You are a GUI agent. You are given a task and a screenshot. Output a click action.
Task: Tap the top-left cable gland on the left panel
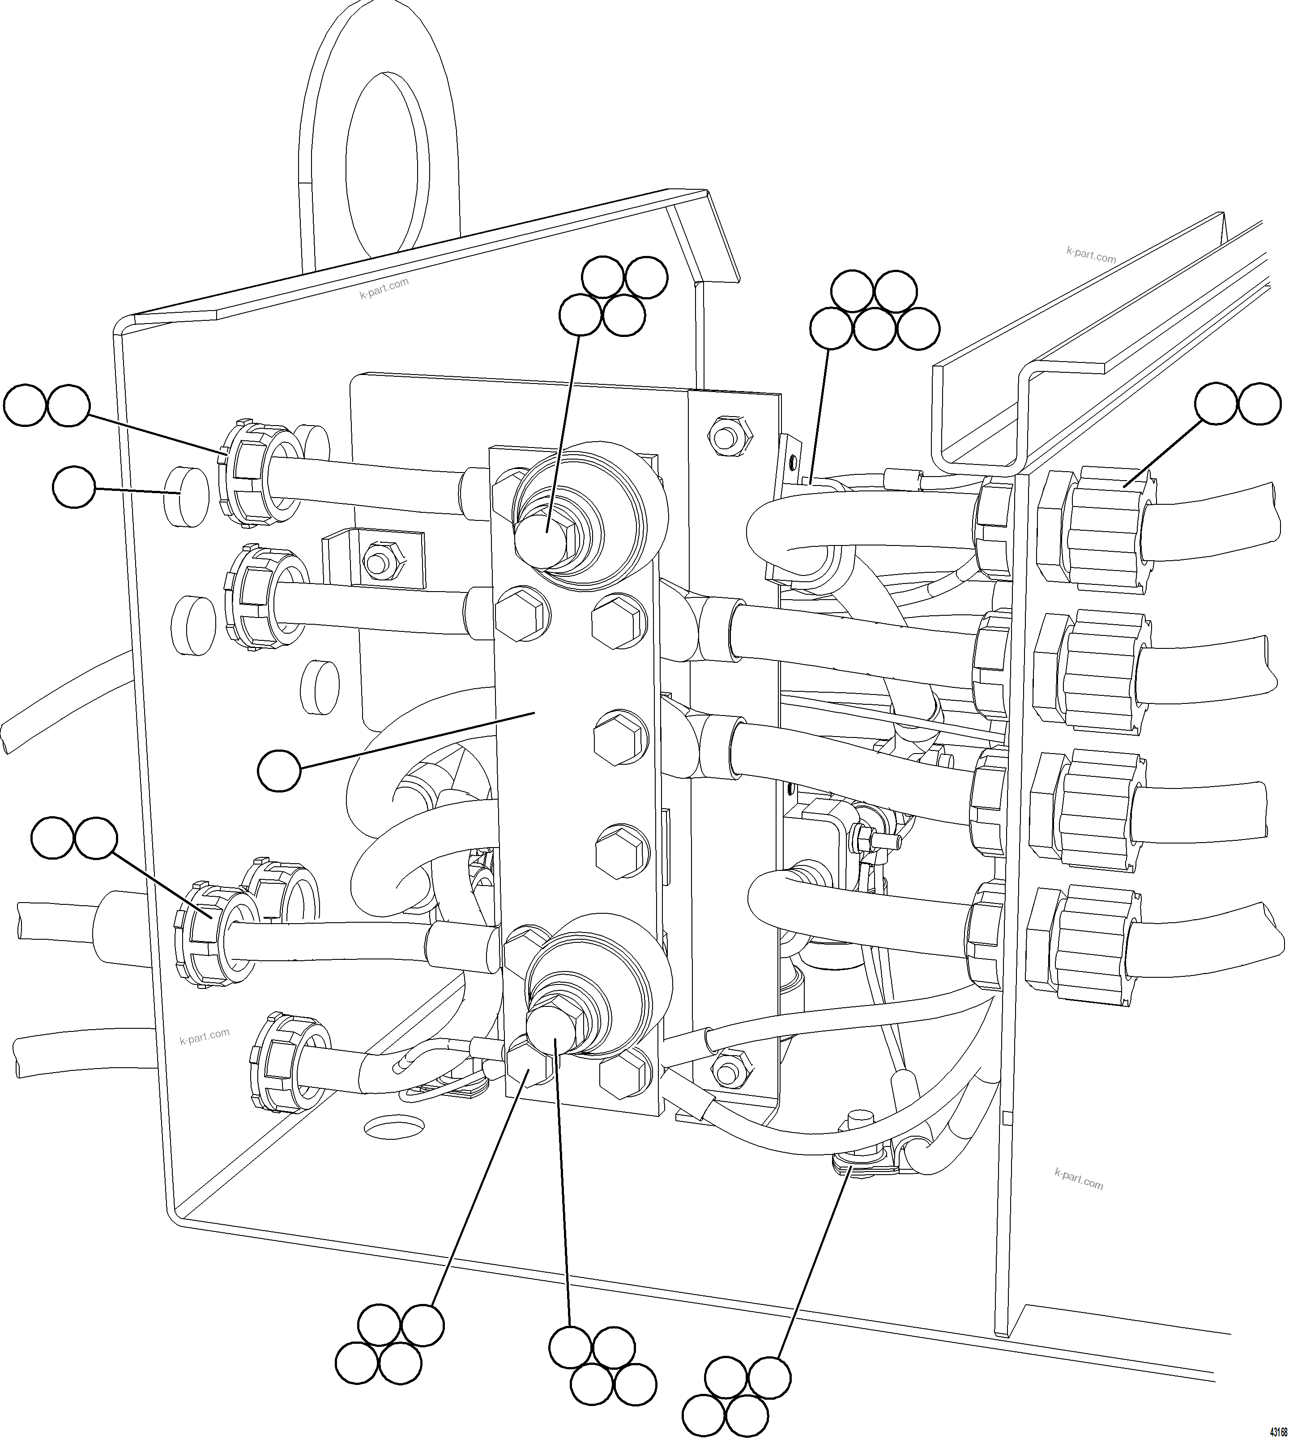click(256, 474)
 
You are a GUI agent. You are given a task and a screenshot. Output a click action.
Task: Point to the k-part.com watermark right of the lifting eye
click(384, 287)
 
